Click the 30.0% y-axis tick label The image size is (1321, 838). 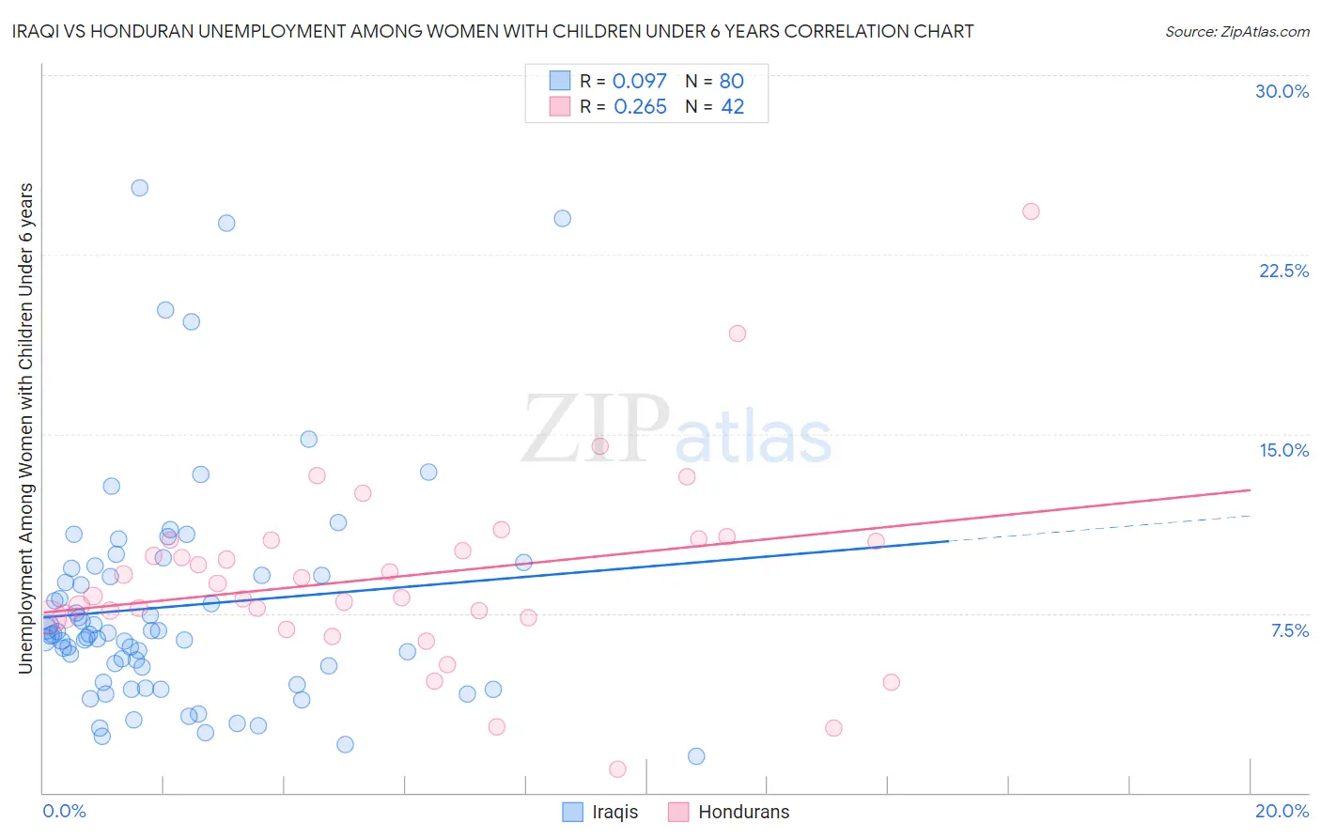pos(1282,91)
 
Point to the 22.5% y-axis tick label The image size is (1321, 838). pos(1283,271)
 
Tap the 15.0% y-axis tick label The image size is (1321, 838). pos(1283,450)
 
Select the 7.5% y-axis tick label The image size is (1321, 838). pos(1289,630)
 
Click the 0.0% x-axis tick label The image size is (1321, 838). pos(64,811)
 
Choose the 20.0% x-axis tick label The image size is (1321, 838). pos(1282,811)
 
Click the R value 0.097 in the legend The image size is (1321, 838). pos(639,82)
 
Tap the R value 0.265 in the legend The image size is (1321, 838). pos(640,107)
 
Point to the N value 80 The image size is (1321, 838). pos(731,82)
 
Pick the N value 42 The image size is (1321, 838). pos(732,107)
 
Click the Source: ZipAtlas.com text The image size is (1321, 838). pos(1236,31)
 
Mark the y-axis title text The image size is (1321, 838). pos(26,428)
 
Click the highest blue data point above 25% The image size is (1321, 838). pos(139,188)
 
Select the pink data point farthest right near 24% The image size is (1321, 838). pos(1031,211)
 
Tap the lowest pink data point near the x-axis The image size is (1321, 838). pos(617,769)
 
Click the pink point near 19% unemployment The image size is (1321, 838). pos(738,334)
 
